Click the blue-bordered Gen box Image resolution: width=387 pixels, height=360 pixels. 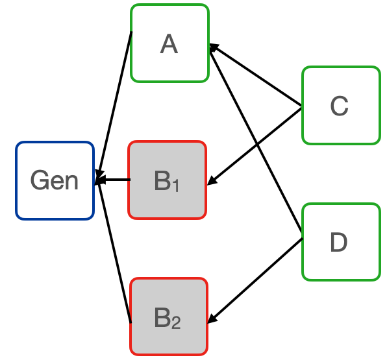[x=55, y=180]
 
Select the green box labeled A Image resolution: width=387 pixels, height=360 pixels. [x=169, y=43]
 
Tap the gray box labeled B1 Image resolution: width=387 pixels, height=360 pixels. [x=167, y=180]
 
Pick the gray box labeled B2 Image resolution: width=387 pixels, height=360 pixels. [x=169, y=317]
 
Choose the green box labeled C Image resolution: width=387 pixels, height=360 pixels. [x=340, y=105]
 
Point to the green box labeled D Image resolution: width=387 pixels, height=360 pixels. [x=340, y=242]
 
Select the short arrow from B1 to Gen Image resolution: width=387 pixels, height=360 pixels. [x=116, y=180]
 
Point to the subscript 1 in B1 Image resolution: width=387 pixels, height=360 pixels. [x=175, y=186]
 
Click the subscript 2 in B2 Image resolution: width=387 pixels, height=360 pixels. [x=177, y=323]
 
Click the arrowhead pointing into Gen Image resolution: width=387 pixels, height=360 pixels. [x=99, y=180]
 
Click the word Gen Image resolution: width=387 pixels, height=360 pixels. [x=55, y=180]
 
